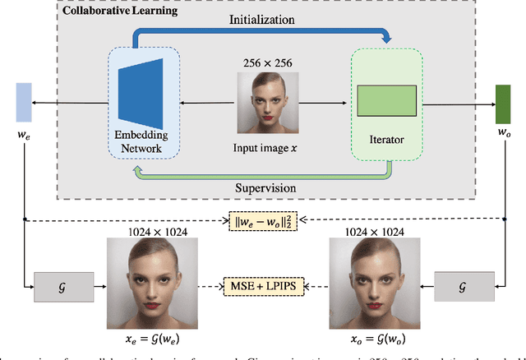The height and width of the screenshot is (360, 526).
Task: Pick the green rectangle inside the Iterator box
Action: [387, 99]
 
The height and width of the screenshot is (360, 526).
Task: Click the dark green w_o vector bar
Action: [503, 99]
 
